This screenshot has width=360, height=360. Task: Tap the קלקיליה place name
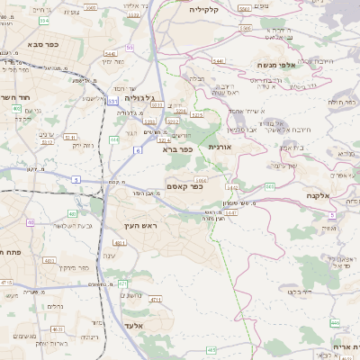[209, 8]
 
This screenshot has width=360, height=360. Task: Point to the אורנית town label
[220, 146]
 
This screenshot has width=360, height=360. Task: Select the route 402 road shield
[17, 109]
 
